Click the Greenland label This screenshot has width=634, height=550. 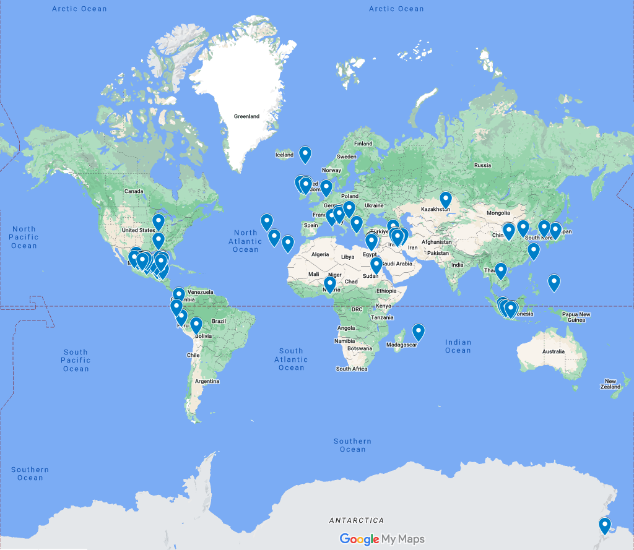246,116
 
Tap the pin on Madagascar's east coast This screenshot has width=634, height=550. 419,332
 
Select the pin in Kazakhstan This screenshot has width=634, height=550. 446,199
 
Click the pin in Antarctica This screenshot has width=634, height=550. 605,526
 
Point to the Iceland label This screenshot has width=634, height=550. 284,155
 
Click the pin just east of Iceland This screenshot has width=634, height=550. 305,154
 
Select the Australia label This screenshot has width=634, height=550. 553,351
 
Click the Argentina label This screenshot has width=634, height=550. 207,381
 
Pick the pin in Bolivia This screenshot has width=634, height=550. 196,325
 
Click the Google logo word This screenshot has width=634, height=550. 359,539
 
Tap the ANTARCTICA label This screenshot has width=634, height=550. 357,520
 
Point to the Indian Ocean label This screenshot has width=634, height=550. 458,346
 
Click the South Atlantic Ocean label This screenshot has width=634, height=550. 291,359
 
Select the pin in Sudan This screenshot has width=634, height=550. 376,265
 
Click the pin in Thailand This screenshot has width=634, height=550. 501,270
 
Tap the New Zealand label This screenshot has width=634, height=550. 610,384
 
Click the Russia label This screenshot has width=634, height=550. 482,165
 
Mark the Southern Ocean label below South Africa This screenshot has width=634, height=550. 352,445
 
